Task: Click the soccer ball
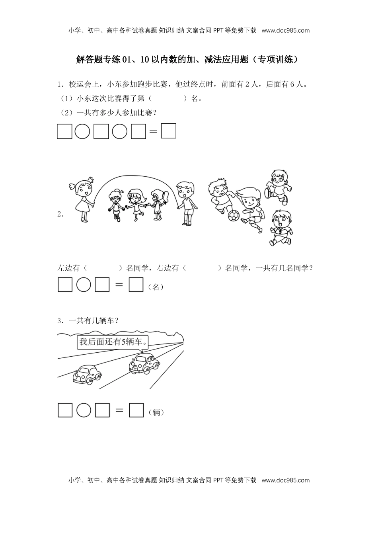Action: pyautogui.click(x=234, y=216)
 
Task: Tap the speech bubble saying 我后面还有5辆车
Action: pyautogui.click(x=113, y=342)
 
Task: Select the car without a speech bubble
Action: pyautogui.click(x=87, y=374)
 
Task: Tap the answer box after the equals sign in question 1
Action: pyautogui.click(x=168, y=131)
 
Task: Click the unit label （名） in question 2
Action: pyautogui.click(x=156, y=287)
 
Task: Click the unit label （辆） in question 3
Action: pyautogui.click(x=156, y=413)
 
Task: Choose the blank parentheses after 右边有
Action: pyautogui.click(x=202, y=268)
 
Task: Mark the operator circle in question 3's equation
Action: pyautogui.click(x=84, y=410)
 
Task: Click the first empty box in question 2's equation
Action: pyautogui.click(x=65, y=285)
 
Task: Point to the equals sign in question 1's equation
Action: pyautogui.click(x=153, y=131)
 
